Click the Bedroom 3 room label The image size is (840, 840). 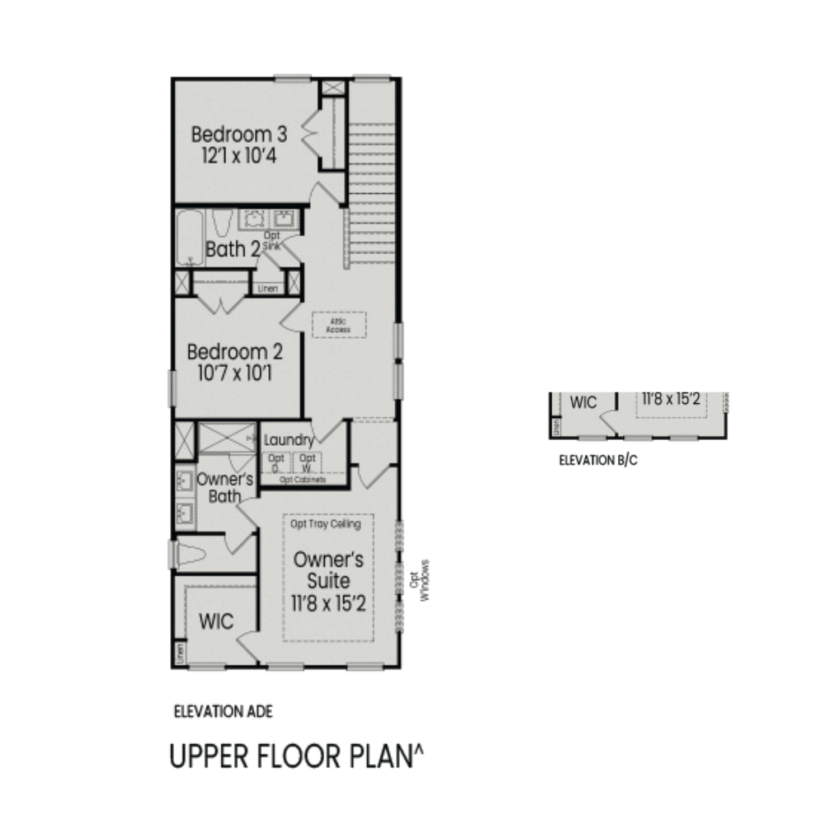coord(239,134)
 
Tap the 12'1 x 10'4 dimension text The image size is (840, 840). coord(239,156)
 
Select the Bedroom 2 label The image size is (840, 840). coord(235,352)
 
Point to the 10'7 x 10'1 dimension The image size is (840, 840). coord(235,373)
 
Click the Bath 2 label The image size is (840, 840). coord(233,249)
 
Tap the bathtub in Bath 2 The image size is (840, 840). coord(190,238)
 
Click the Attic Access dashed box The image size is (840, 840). coord(339,325)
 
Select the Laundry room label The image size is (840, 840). coord(288,440)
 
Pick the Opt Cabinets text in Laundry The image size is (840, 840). coord(302,480)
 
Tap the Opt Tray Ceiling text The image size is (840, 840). coord(325,524)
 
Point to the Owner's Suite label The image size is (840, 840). coord(328,570)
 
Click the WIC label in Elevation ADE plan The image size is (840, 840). coord(216,621)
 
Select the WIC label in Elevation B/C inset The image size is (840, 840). coord(584,403)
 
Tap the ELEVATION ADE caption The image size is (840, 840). coord(223,712)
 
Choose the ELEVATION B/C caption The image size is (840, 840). coord(598,460)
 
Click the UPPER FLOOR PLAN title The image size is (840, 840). coord(296,757)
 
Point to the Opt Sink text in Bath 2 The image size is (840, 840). coord(272,241)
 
